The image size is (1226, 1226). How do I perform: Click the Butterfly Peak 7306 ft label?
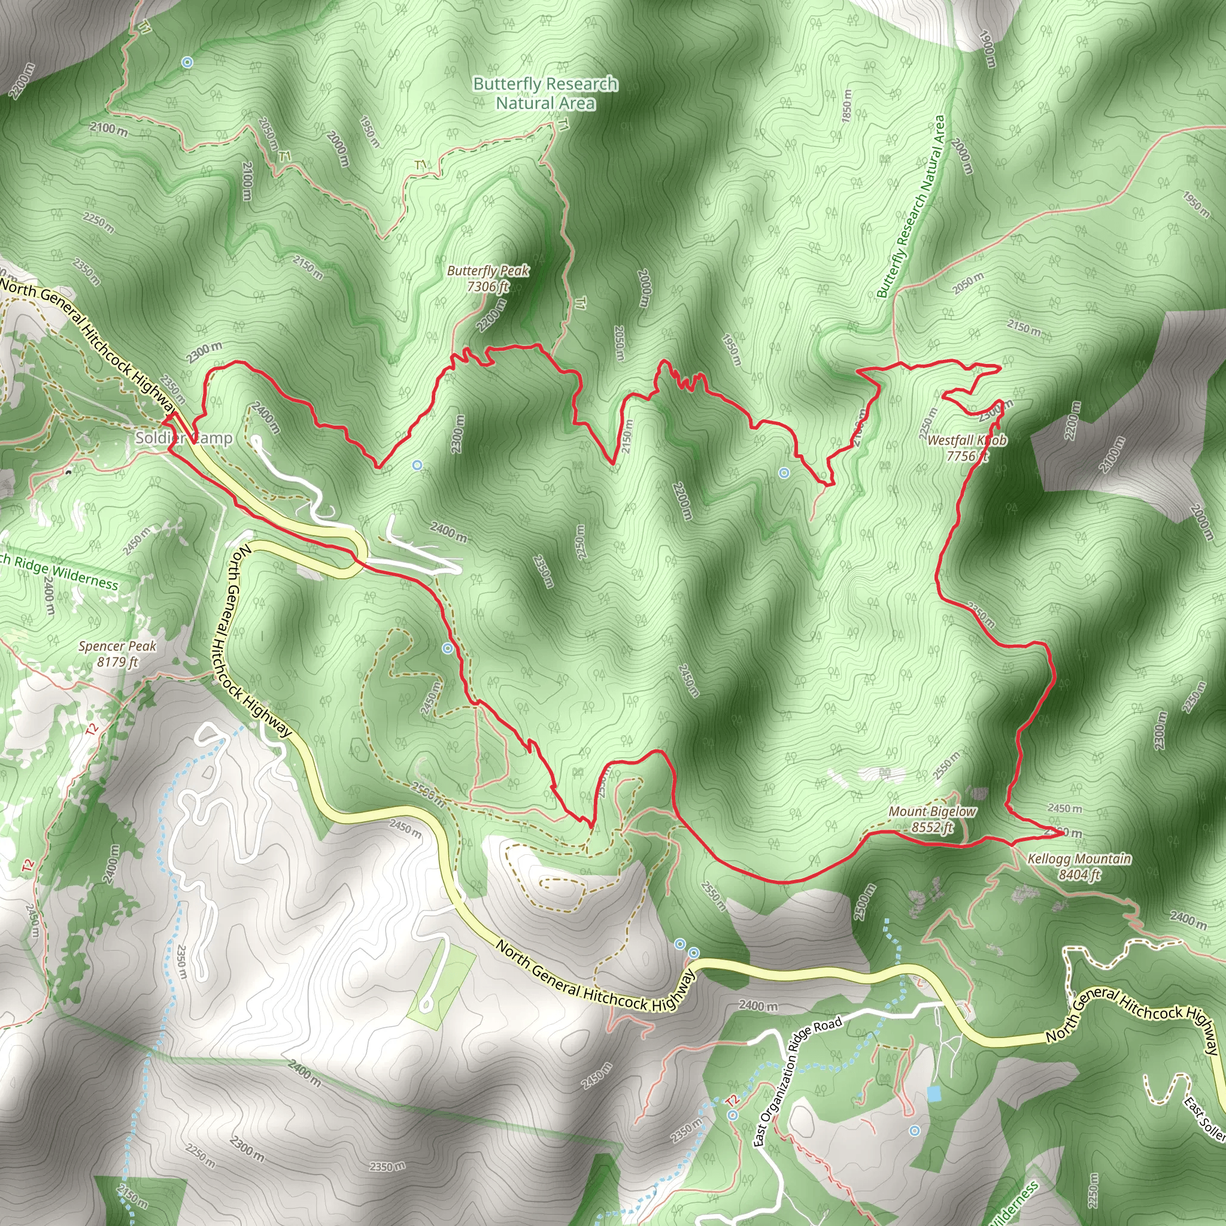tap(488, 278)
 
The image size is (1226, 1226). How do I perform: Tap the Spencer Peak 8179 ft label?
tap(117, 654)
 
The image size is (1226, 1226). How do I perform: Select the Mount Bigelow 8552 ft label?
tap(932, 818)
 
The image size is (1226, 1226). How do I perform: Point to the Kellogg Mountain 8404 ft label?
tap(1079, 866)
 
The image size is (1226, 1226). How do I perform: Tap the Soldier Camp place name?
tap(183, 438)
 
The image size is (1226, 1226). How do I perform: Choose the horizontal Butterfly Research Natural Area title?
tap(546, 93)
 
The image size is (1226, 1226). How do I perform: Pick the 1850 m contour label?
tap(847, 105)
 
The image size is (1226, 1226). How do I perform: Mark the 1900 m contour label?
tap(988, 49)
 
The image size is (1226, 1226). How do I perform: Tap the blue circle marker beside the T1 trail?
tap(187, 62)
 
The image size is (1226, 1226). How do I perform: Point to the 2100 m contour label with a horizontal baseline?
tap(108, 129)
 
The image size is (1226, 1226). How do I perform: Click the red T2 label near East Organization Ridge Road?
tap(732, 1100)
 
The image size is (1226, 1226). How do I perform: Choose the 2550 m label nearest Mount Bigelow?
tap(946, 765)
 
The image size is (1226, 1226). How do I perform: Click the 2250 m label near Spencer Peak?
tap(98, 222)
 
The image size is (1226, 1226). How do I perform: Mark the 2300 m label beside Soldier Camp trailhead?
tap(204, 352)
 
